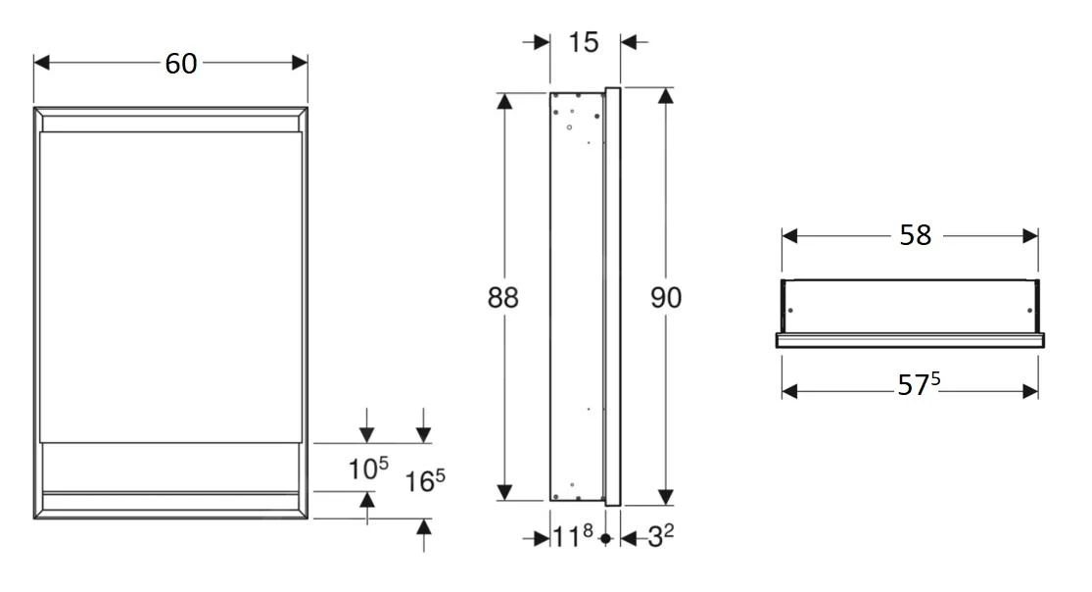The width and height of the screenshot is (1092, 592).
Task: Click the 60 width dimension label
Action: pyautogui.click(x=180, y=64)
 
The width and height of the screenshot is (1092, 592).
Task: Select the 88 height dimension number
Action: pyautogui.click(x=503, y=298)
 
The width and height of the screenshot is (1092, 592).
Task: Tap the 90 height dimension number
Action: pyautogui.click(x=667, y=298)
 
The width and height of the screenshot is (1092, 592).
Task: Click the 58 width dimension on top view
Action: pyautogui.click(x=915, y=236)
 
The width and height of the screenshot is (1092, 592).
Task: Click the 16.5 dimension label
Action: pyautogui.click(x=425, y=481)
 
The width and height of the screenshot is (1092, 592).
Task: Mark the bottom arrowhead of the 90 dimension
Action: pyautogui.click(x=666, y=497)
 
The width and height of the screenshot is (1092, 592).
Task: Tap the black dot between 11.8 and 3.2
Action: pyautogui.click(x=606, y=538)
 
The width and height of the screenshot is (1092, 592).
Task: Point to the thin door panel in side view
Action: pyautogui.click(x=613, y=294)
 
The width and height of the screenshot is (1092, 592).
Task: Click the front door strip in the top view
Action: pyautogui.click(x=910, y=340)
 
